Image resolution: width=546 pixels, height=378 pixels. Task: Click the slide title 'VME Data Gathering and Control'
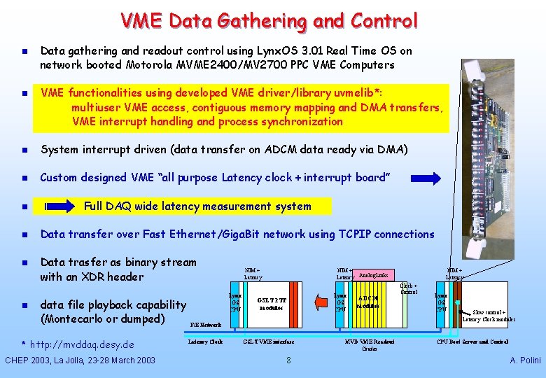tap(269, 21)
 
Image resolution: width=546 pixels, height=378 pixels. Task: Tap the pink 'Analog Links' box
tap(373, 274)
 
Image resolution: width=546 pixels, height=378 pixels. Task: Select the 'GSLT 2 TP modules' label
tap(272, 303)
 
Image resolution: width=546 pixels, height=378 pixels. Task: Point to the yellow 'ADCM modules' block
tap(368, 302)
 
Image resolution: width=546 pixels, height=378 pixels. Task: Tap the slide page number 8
tap(288, 360)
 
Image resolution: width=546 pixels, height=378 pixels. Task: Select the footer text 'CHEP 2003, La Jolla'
tap(53, 360)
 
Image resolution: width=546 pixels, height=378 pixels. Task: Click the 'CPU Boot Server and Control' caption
tap(472, 342)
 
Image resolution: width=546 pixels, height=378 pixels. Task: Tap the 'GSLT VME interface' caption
tap(269, 342)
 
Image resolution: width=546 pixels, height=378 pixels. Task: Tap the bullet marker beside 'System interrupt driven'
tap(24, 150)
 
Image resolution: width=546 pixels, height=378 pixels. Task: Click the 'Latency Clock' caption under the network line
tap(206, 342)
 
